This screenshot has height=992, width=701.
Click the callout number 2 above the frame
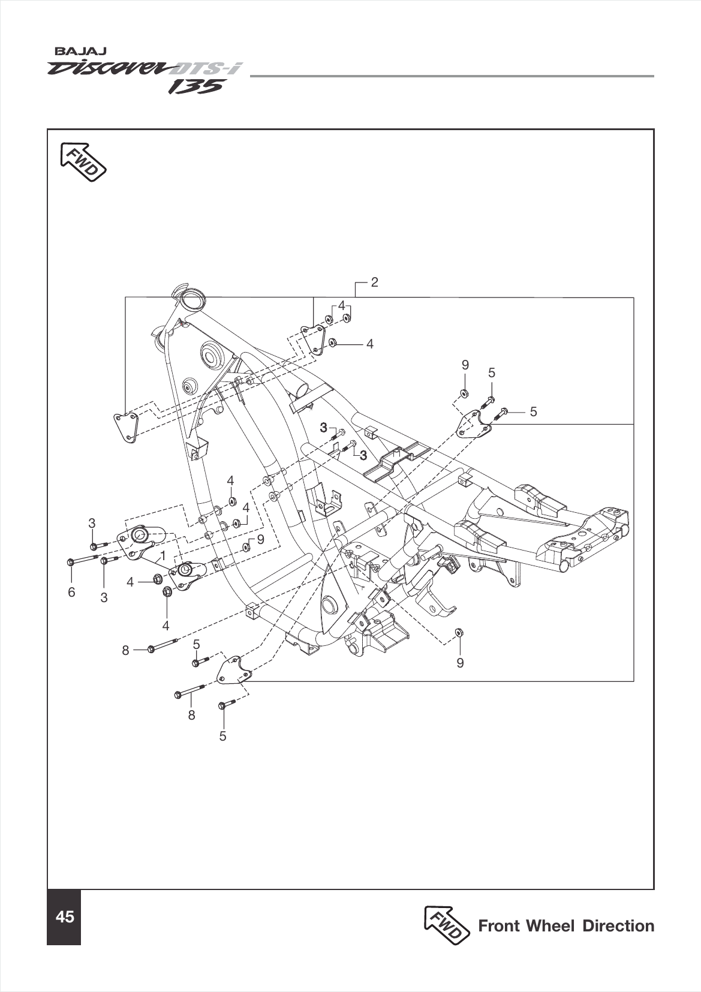pyautogui.click(x=374, y=282)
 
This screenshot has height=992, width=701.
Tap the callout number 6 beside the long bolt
pyautogui.click(x=71, y=592)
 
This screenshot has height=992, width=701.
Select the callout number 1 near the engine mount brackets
pyautogui.click(x=162, y=556)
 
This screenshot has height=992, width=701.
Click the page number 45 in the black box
pyautogui.click(x=64, y=917)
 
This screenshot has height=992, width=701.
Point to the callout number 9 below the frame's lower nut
pyautogui.click(x=460, y=663)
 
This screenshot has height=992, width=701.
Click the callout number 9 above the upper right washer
pyautogui.click(x=465, y=365)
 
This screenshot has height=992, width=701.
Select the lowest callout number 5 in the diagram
pyautogui.click(x=222, y=736)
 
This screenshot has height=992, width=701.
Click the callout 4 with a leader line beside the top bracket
pyautogui.click(x=370, y=344)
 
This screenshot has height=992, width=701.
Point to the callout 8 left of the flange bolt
pyautogui.click(x=125, y=650)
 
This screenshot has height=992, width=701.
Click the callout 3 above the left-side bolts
pyautogui.click(x=92, y=523)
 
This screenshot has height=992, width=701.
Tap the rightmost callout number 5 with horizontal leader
pyautogui.click(x=533, y=411)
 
